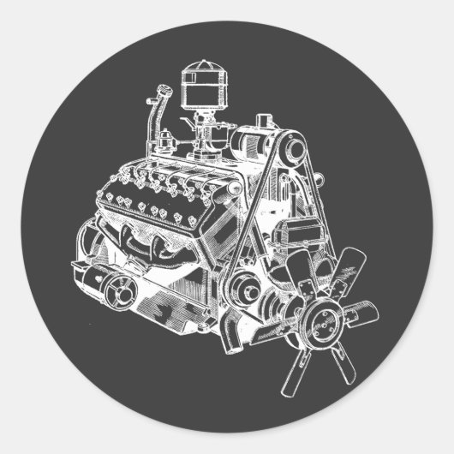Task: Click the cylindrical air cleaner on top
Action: pyautogui.click(x=203, y=89)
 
